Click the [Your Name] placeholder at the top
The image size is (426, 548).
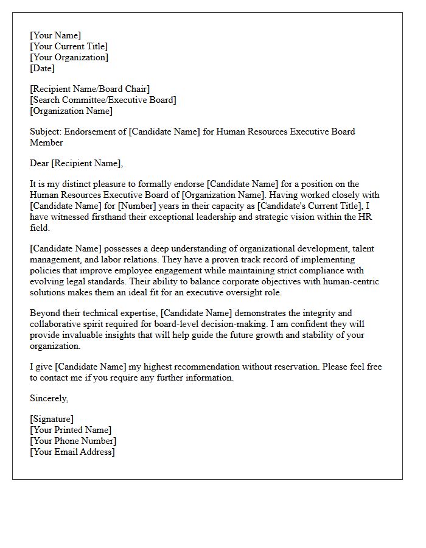coord(55,35)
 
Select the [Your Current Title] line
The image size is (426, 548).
coord(69,46)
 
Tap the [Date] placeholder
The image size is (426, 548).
coord(42,68)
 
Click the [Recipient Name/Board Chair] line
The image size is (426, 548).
coord(89,89)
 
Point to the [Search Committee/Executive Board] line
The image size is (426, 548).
coord(103,100)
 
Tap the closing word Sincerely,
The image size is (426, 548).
coord(49,398)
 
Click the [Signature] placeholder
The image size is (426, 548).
coord(52,419)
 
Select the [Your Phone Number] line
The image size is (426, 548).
coord(73,441)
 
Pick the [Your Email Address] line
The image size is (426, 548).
coord(72,452)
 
